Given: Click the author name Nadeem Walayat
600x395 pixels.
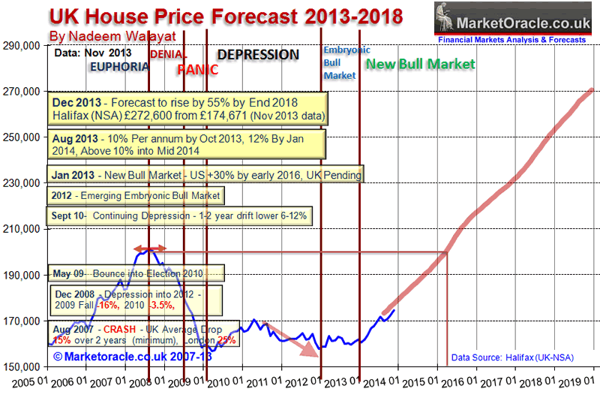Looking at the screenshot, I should [x=112, y=36].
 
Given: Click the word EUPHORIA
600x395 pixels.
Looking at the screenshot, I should [x=118, y=66].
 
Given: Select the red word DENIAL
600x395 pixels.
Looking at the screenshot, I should [x=169, y=54].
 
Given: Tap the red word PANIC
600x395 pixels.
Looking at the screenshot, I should [x=197, y=70].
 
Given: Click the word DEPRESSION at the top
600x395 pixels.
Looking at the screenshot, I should [x=258, y=55].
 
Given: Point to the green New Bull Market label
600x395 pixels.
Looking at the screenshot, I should [x=420, y=65].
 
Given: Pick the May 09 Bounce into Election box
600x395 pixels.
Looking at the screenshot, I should [x=136, y=271].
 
